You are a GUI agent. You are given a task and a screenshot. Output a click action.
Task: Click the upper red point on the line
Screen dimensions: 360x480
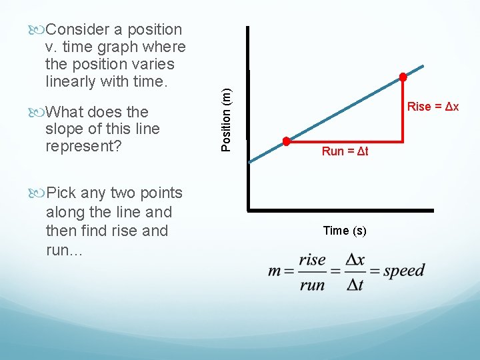pyautogui.click(x=403, y=77)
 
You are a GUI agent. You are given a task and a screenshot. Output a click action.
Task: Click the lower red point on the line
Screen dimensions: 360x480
pyautogui.click(x=286, y=141)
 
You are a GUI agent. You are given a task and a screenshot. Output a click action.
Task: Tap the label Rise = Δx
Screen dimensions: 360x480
pyautogui.click(x=433, y=107)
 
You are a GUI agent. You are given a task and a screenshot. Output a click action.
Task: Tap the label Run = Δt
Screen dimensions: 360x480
pyautogui.click(x=345, y=151)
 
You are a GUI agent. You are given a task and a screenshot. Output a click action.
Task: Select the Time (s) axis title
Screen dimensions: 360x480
pyautogui.click(x=344, y=231)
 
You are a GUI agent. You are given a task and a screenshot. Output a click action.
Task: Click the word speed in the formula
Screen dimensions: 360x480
pyautogui.click(x=404, y=271)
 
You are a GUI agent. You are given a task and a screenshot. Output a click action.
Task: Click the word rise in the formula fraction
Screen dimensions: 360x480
pyautogui.click(x=313, y=260)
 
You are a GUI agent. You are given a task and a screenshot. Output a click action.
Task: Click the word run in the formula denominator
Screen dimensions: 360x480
pyautogui.click(x=313, y=285)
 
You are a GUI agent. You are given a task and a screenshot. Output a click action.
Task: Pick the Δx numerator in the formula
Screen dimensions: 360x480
pyautogui.click(x=355, y=259)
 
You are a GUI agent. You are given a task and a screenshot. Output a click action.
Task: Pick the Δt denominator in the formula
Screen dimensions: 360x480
pyautogui.click(x=355, y=285)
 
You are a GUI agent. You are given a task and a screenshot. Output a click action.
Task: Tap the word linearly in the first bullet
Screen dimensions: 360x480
pyautogui.click(x=71, y=81)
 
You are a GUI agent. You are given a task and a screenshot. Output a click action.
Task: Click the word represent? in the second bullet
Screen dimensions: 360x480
pyautogui.click(x=83, y=146)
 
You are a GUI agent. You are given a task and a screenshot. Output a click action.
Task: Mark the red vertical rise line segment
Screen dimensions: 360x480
pyautogui.click(x=403, y=110)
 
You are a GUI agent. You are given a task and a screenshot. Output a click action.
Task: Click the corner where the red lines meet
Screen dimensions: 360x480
pyautogui.click(x=403, y=141)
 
